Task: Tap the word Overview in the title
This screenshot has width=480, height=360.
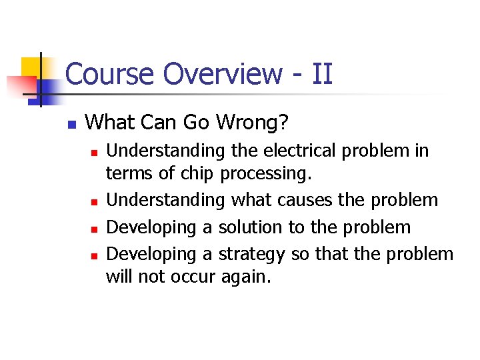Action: click(222, 74)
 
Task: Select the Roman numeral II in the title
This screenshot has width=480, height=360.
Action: click(321, 74)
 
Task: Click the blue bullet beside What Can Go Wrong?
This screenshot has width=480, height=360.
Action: click(71, 124)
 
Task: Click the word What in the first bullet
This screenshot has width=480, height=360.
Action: click(109, 122)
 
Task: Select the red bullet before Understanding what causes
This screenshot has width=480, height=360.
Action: click(95, 201)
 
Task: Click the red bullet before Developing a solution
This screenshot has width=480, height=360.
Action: click(95, 228)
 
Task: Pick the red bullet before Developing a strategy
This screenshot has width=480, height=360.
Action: click(95, 255)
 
